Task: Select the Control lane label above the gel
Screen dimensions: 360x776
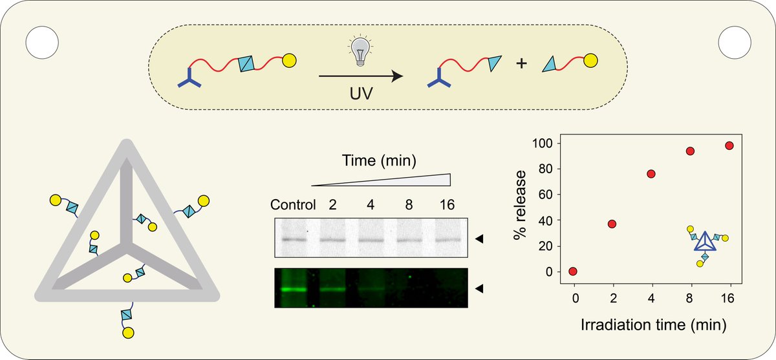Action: [x=292, y=206]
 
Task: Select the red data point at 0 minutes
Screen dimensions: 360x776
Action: [x=573, y=271]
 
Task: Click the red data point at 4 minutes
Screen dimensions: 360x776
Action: [x=651, y=174]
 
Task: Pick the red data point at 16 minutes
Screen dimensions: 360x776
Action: [x=729, y=146]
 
